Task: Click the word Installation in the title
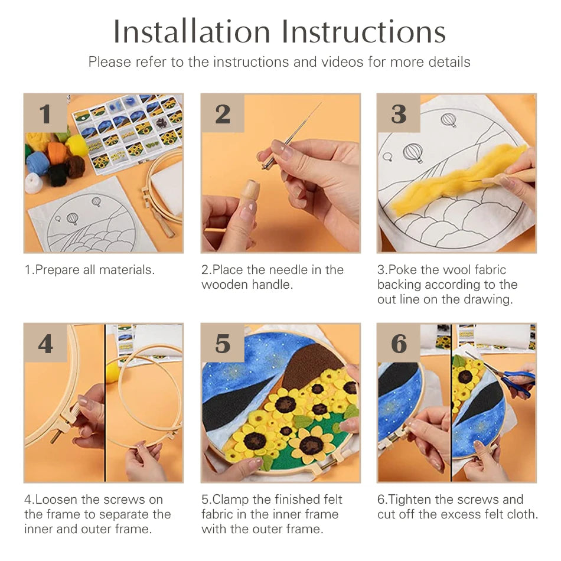click(191, 31)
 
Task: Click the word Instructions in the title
click(364, 31)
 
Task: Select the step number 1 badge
click(45, 113)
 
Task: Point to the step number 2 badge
click(223, 113)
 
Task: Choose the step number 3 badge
click(399, 113)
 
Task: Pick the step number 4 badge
click(45, 343)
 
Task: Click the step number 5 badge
click(223, 343)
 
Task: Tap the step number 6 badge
click(399, 343)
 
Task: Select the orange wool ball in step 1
click(57, 152)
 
